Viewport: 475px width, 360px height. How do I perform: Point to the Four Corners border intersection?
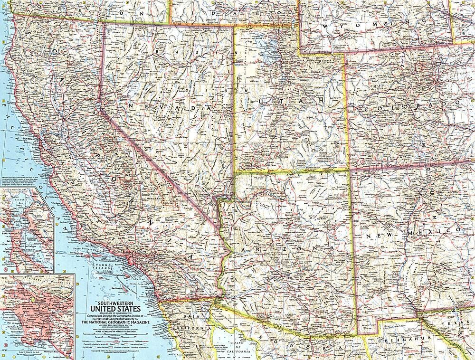[x=350, y=170]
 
